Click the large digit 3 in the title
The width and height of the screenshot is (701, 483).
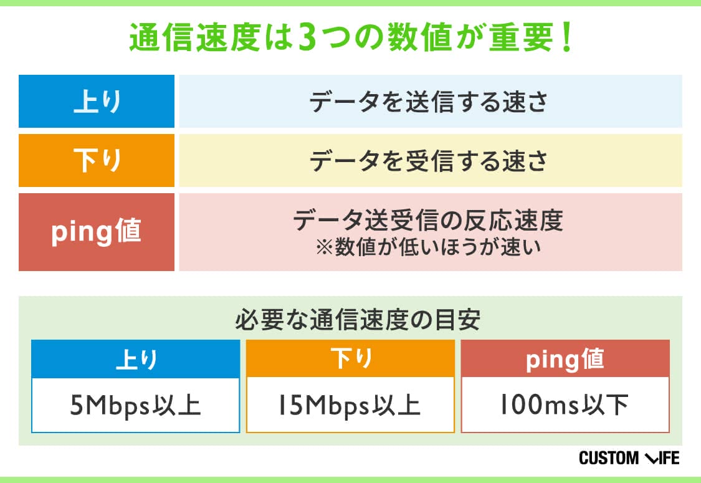tap(308, 37)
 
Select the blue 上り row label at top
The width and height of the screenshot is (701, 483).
tap(97, 101)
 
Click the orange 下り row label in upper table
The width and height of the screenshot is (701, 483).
tap(97, 160)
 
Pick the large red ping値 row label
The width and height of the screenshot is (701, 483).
tap(97, 232)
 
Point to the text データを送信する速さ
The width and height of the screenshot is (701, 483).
tap(428, 102)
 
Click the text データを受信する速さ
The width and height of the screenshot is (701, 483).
tap(428, 161)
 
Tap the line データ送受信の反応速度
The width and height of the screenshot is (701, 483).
tap(428, 220)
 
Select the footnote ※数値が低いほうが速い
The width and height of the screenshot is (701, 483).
tap(428, 247)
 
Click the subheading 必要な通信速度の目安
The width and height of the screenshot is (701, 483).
tap(358, 319)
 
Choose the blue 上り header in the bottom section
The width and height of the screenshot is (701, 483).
tap(135, 359)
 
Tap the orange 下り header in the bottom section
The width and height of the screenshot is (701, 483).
tap(350, 359)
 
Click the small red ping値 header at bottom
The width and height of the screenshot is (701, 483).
tap(565, 359)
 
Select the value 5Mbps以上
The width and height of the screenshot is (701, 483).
tap(135, 405)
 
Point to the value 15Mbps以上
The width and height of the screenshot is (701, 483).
tap(349, 405)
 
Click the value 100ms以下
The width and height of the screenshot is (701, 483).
tap(564, 404)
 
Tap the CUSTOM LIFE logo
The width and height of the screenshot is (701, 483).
tap(629, 458)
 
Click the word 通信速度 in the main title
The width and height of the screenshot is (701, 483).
tap(196, 37)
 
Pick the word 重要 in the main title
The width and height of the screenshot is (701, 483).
tap(522, 37)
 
